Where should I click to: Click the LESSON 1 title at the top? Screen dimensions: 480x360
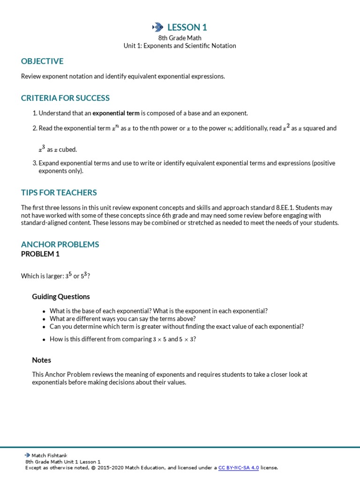click(187, 27)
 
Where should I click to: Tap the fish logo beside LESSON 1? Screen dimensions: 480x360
click(157, 27)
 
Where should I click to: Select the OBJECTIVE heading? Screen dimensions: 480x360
click(42, 61)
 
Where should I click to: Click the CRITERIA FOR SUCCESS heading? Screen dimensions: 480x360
click(65, 98)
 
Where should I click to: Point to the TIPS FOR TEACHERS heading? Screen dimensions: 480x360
click(59, 192)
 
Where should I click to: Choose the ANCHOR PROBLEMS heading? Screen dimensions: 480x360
click(60, 244)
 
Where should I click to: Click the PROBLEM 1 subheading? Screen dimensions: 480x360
click(40, 254)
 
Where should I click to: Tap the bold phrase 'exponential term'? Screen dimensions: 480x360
click(116, 113)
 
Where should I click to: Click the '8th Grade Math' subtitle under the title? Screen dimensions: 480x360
click(180, 38)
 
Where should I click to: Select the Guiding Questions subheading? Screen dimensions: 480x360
click(61, 296)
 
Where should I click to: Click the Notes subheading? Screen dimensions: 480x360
click(41, 360)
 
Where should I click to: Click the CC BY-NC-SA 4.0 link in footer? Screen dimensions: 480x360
click(239, 467)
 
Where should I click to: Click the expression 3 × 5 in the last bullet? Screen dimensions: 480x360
click(159, 339)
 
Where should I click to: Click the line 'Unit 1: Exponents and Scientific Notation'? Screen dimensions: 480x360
click(180, 46)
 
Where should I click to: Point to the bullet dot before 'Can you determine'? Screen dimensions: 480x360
click(44, 327)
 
